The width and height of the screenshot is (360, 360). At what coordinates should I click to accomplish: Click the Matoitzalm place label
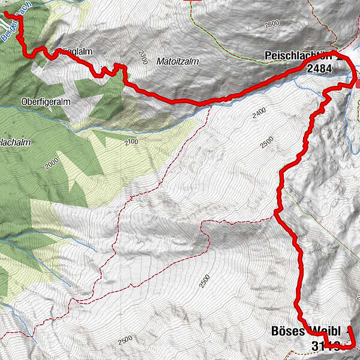point(177,61)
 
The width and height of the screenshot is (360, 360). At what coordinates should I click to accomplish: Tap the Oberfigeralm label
point(46,102)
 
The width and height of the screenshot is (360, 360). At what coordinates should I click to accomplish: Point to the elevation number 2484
point(319,69)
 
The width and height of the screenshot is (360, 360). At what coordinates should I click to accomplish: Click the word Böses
point(289,332)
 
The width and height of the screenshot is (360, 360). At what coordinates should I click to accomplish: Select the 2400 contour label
point(259,112)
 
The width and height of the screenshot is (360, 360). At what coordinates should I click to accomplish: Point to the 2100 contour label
point(133,142)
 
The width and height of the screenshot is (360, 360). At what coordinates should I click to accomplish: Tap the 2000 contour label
point(52,162)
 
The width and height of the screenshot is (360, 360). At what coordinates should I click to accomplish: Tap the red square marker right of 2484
point(358,85)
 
